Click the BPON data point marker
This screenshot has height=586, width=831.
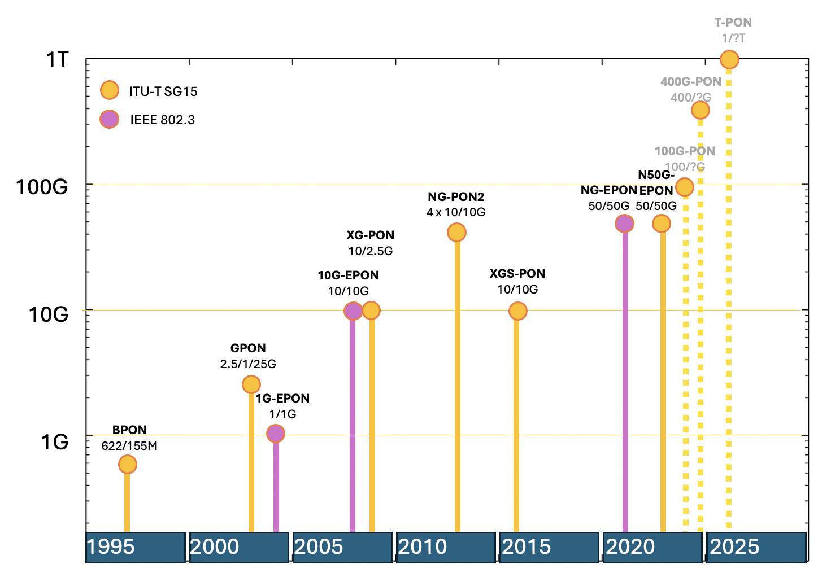pyautogui.click(x=128, y=464)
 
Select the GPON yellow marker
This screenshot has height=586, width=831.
pyautogui.click(x=251, y=384)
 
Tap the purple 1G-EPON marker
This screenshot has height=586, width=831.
pyautogui.click(x=275, y=434)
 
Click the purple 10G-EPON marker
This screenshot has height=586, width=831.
pyautogui.click(x=353, y=311)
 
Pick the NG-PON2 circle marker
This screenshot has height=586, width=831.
pyautogui.click(x=456, y=232)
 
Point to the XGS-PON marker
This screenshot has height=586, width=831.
pyautogui.click(x=517, y=311)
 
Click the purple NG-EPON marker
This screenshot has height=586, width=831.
pyautogui.click(x=624, y=224)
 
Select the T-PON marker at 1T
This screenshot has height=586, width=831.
pyautogui.click(x=729, y=59)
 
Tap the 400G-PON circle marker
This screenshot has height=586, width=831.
pyautogui.click(x=701, y=110)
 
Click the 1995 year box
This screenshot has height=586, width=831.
pyautogui.click(x=136, y=547)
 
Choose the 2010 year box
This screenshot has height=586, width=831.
pyautogui.click(x=446, y=547)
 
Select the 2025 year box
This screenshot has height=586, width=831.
pyautogui.click(x=756, y=547)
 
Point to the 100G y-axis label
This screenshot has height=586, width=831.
pyautogui.click(x=42, y=187)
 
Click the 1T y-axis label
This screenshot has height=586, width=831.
pyautogui.click(x=57, y=59)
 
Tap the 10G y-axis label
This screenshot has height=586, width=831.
pyautogui.click(x=49, y=314)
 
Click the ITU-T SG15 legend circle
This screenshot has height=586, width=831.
pyautogui.click(x=109, y=90)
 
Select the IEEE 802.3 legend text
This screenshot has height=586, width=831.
pyautogui.click(x=163, y=120)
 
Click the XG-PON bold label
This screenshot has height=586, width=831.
pyautogui.click(x=370, y=235)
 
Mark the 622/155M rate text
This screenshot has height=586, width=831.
pyautogui.click(x=129, y=446)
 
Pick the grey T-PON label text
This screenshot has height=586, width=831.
pyautogui.click(x=733, y=23)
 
